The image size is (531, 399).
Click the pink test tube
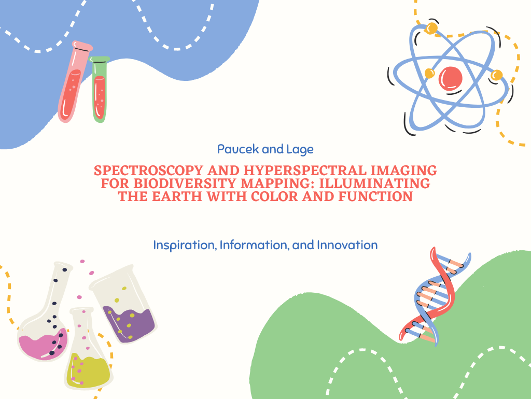(x=75, y=81)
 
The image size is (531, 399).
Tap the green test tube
(x=99, y=89)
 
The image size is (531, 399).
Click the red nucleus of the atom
(x=451, y=78)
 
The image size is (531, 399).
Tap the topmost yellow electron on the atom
(x=431, y=28)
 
